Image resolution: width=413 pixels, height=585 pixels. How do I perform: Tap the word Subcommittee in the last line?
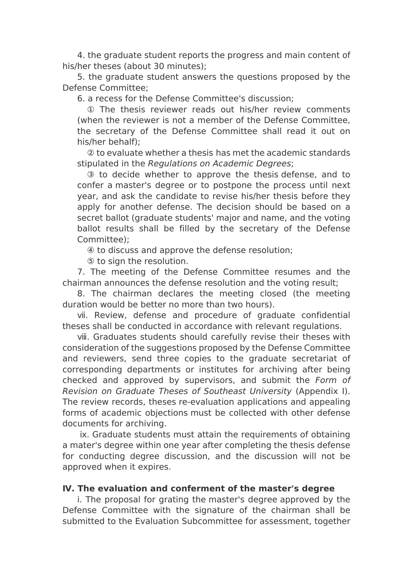(x=212, y=521)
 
